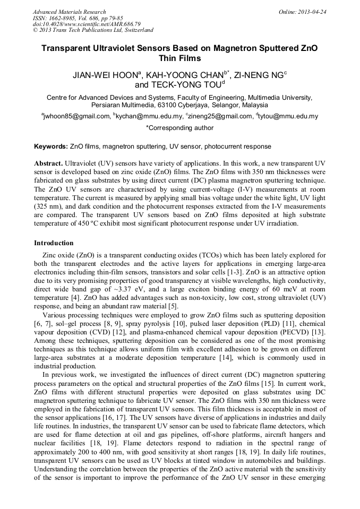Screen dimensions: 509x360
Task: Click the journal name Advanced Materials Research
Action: (x=69, y=12)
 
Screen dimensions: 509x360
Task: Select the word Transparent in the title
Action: (x=68, y=48)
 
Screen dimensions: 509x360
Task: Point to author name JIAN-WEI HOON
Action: (x=106, y=75)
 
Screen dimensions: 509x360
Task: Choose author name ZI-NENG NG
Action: (x=259, y=75)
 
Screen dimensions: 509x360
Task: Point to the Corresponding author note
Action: (x=179, y=128)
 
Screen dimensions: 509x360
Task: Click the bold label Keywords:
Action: (x=50, y=146)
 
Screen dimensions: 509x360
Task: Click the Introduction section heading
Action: (x=54, y=243)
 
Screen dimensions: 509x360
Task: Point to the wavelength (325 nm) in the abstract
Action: (x=49, y=204)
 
